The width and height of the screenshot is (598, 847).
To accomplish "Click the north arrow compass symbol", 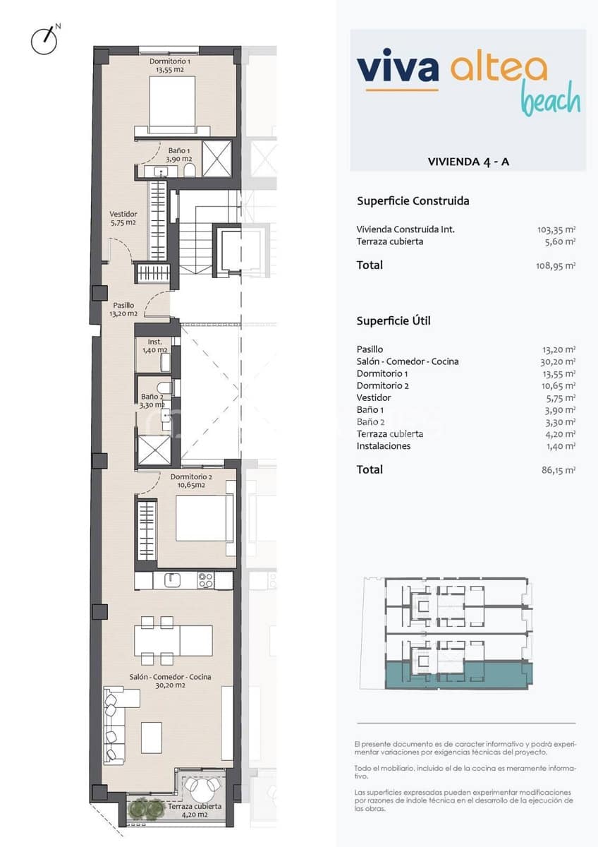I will click(x=44, y=40).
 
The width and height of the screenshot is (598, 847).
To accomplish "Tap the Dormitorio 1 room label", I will click(x=170, y=66).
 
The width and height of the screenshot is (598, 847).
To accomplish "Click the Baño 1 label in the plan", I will click(x=178, y=155).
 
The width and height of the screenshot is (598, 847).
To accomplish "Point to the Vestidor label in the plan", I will click(x=123, y=218).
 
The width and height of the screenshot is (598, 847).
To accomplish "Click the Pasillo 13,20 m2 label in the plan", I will click(x=122, y=310).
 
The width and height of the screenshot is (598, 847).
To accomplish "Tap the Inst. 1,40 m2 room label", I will click(x=154, y=346).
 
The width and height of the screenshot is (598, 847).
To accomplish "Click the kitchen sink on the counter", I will click(x=173, y=580).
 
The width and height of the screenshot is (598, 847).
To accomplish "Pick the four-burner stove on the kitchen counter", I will click(x=205, y=580).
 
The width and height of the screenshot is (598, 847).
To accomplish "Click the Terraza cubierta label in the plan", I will click(x=194, y=810).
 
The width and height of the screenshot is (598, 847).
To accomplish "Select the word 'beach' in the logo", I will click(x=550, y=100).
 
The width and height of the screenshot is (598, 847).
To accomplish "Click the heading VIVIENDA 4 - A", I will click(x=468, y=162).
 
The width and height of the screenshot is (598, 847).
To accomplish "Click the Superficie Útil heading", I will click(x=393, y=320).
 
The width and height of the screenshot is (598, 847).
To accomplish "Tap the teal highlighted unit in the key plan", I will click(x=458, y=675).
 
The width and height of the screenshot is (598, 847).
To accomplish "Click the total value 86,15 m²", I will click(x=558, y=470).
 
